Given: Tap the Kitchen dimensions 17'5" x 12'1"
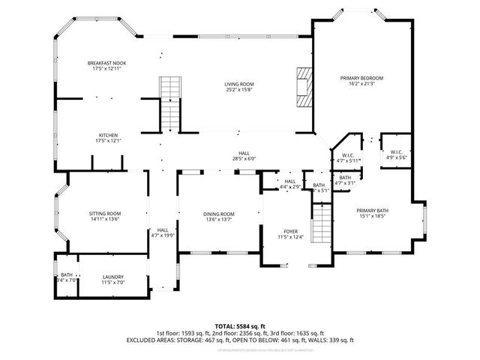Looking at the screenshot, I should (x=109, y=140).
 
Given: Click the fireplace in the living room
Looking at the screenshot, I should (x=303, y=88).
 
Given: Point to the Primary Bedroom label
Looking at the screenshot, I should (x=361, y=78).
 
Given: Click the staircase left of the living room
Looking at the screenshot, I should (x=169, y=103).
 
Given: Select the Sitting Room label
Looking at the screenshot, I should (x=105, y=214).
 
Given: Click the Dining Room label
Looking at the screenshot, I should (x=219, y=214).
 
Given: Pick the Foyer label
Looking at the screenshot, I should (x=291, y=232).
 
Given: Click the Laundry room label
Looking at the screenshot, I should (x=112, y=277).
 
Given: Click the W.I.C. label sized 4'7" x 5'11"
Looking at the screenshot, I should (x=347, y=156).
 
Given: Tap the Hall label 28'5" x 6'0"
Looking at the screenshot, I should (x=244, y=153).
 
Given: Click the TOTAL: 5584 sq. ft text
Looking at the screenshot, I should (x=240, y=325).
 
